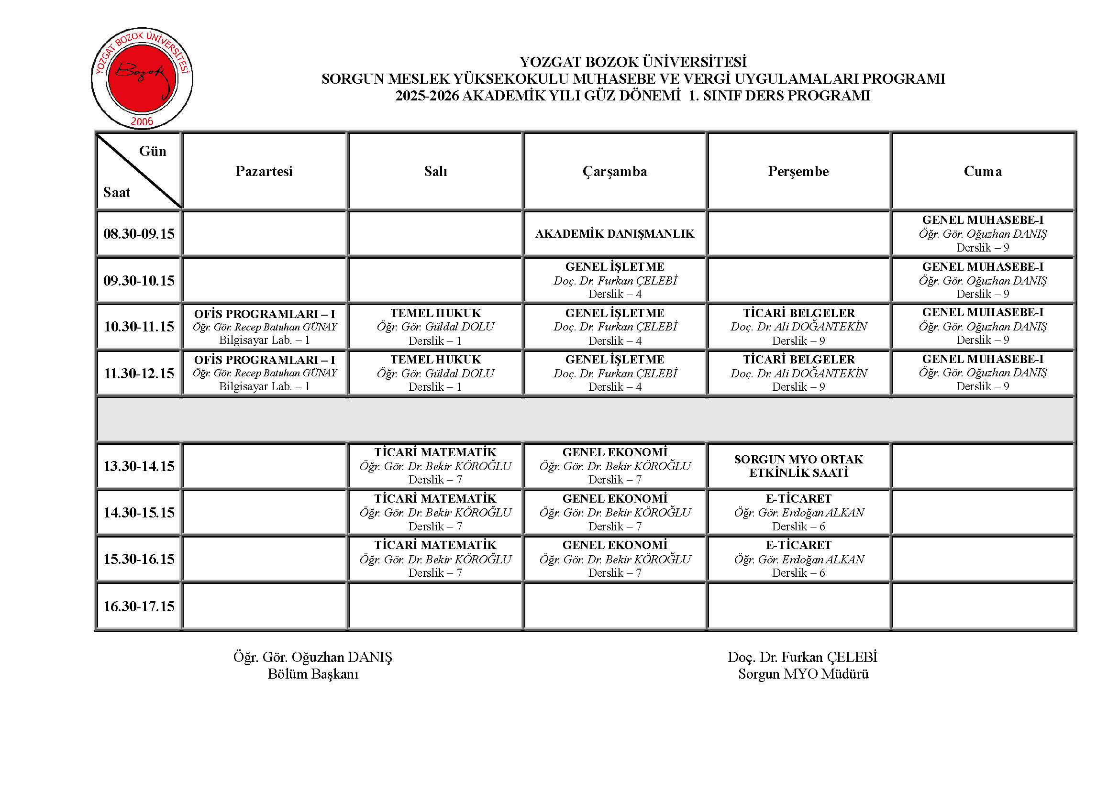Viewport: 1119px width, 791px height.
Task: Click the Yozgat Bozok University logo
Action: tap(142, 78)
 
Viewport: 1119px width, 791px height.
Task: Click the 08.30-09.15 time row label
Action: tap(139, 234)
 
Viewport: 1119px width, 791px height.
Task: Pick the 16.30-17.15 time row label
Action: tap(139, 606)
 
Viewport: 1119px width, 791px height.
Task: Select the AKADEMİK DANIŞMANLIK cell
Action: tap(615, 234)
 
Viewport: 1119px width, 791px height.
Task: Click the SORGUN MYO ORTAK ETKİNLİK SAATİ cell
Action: tap(798, 466)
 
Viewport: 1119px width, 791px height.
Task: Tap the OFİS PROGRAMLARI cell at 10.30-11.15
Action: tap(264, 327)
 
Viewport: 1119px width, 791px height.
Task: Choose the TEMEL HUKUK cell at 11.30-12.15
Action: tap(435, 373)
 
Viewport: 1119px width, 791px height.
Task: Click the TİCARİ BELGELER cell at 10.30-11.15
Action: tap(798, 327)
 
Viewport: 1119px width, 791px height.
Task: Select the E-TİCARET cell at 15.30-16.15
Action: tap(798, 559)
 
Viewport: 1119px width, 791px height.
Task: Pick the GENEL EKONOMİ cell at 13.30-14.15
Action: tap(615, 466)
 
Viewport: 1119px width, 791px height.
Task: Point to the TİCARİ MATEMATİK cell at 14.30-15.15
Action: tap(435, 512)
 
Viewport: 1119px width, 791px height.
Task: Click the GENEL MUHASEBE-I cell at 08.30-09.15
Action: tap(983, 234)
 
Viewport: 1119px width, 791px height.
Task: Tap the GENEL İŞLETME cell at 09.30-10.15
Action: tap(615, 281)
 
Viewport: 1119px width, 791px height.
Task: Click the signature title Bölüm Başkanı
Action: tap(313, 674)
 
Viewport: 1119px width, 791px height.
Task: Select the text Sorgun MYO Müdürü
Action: tap(803, 674)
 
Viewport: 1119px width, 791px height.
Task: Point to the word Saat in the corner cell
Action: tap(116, 192)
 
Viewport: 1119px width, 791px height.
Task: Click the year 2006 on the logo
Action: tap(142, 121)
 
